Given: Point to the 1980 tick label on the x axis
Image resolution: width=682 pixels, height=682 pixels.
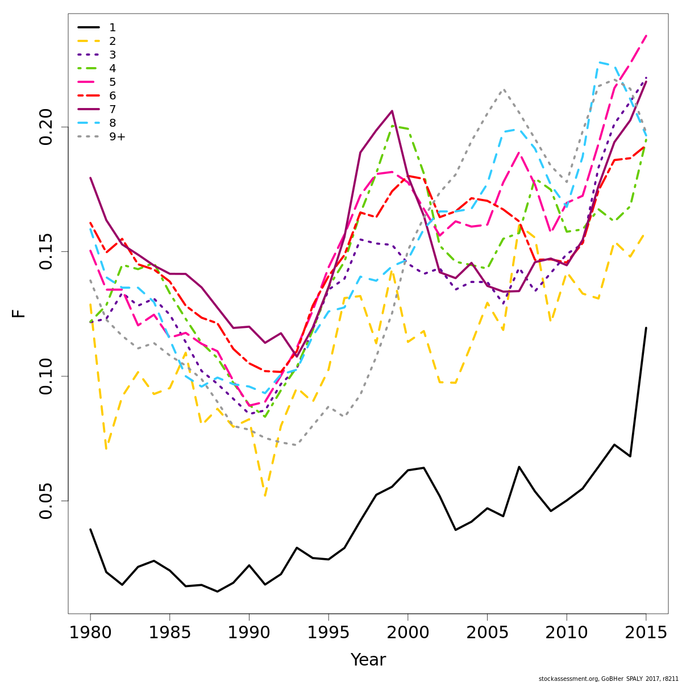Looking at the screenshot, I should coord(90,633).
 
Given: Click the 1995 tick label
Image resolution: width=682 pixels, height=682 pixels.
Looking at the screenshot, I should coord(328,633).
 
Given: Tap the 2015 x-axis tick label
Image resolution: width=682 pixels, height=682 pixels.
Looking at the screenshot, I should coord(646,633).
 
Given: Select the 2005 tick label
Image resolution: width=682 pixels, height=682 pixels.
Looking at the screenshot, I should coord(487,633).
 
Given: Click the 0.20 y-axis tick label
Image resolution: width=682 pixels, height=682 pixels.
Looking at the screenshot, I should coord(47,127).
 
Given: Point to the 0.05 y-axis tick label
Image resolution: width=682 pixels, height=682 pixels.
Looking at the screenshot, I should coord(47,501).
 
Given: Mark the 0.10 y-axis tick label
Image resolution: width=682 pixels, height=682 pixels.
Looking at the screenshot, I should coord(47,376).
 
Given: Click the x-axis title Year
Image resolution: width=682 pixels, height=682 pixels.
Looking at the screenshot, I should coord(368,660).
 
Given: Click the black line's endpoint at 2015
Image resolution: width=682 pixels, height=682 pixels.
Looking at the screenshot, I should coord(646,328).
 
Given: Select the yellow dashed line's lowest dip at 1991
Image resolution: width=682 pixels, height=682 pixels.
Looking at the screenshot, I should coord(265,495).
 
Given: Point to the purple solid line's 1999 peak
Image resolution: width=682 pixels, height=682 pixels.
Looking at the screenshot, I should coord(392,111).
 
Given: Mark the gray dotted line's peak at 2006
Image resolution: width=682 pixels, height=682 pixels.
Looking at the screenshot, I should coord(504,89).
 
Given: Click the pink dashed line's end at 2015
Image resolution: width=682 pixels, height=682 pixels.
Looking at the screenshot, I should coord(646,36).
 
